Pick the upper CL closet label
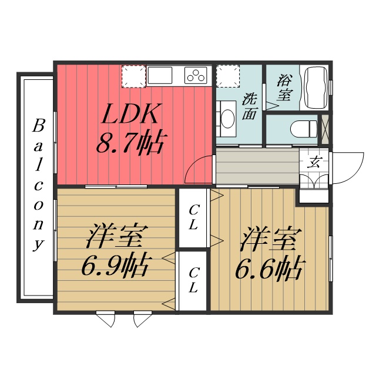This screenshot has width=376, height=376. pos(193,217)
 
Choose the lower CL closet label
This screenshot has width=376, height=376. pos(193,280)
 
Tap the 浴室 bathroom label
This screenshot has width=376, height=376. pos(284,87)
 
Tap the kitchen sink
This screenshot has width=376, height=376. pos(159,75)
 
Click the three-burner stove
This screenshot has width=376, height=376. pos(196,75)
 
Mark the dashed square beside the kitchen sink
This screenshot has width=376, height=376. pos(133,76)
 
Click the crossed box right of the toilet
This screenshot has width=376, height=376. pos(324,129)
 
